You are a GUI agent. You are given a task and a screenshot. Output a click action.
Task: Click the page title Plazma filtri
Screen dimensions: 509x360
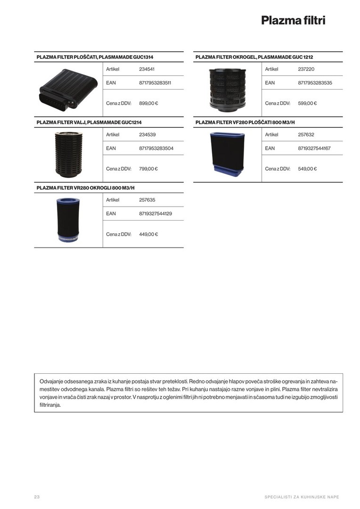[x=293, y=20]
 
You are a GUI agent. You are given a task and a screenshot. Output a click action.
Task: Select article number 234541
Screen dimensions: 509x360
[x=147, y=69]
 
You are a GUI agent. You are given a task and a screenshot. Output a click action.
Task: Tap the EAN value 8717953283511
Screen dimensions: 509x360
[x=155, y=82]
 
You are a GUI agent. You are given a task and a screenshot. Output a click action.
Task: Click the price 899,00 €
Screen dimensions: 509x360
[x=148, y=103]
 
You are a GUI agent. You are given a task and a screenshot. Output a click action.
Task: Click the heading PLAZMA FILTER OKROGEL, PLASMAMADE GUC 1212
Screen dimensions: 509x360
[x=254, y=57]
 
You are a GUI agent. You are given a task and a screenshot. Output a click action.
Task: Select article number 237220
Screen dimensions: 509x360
[x=306, y=69]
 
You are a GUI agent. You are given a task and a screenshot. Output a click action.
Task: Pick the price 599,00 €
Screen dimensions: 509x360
[x=307, y=103]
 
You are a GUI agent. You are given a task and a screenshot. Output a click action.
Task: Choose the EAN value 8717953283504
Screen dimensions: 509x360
[x=156, y=148]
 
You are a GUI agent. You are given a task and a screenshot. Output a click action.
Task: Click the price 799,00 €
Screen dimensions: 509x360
[x=148, y=168]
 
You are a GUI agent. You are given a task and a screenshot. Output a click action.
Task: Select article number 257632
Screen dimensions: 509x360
[x=306, y=134]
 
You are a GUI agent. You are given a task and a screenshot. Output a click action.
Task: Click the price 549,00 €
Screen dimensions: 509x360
[x=307, y=168]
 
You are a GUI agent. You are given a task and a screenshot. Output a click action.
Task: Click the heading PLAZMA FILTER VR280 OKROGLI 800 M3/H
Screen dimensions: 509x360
[x=85, y=188]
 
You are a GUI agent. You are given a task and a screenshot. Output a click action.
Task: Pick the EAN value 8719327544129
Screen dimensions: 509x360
[x=155, y=213]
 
